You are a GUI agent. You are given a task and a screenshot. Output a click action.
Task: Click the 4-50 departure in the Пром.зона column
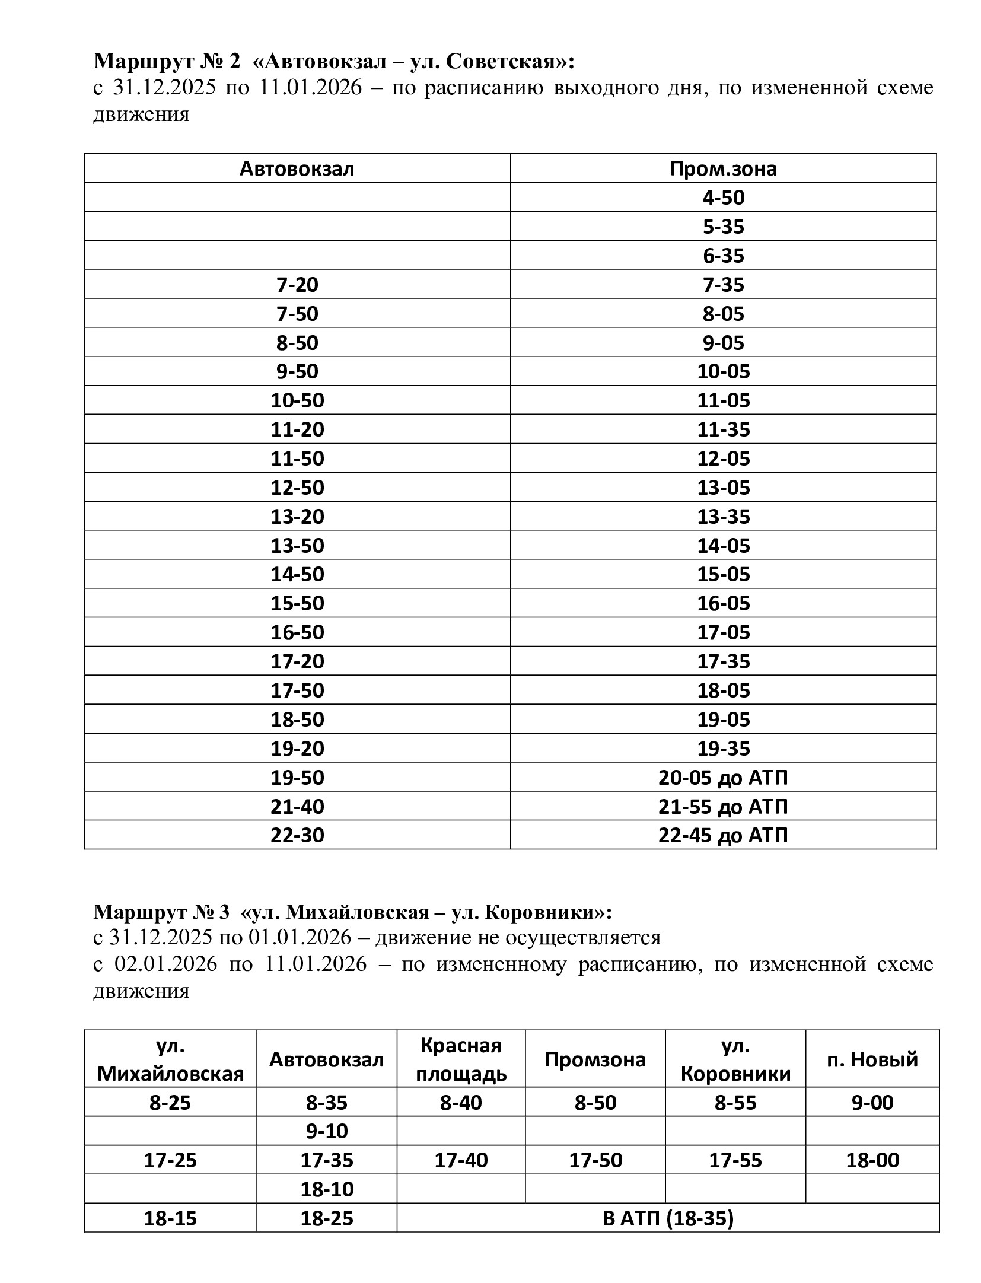723,198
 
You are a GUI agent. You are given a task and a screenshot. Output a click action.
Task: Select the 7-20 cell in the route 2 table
297,285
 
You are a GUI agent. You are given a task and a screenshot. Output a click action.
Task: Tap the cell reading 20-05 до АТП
723,777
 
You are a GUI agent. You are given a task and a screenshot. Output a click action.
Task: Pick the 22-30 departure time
297,835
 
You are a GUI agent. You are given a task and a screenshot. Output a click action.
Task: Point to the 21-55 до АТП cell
723,807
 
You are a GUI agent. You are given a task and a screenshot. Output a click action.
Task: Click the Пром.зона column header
723,169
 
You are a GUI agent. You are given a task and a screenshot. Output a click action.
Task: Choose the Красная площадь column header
461,1059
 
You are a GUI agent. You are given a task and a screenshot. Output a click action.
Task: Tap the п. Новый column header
872,1059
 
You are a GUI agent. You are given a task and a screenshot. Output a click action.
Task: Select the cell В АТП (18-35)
668,1218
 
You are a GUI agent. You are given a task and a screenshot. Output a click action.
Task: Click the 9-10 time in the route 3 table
327,1131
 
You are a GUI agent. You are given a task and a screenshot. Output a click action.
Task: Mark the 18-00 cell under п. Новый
872,1160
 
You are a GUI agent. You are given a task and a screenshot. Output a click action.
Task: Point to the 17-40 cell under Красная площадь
461,1160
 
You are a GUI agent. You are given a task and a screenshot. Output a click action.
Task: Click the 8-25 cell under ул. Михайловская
170,1103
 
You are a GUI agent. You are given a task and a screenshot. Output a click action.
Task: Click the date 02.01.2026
165,964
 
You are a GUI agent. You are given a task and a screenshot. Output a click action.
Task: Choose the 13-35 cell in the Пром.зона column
723,517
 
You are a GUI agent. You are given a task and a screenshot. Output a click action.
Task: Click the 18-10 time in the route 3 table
327,1189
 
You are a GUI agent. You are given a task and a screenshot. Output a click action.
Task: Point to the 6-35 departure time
723,256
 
